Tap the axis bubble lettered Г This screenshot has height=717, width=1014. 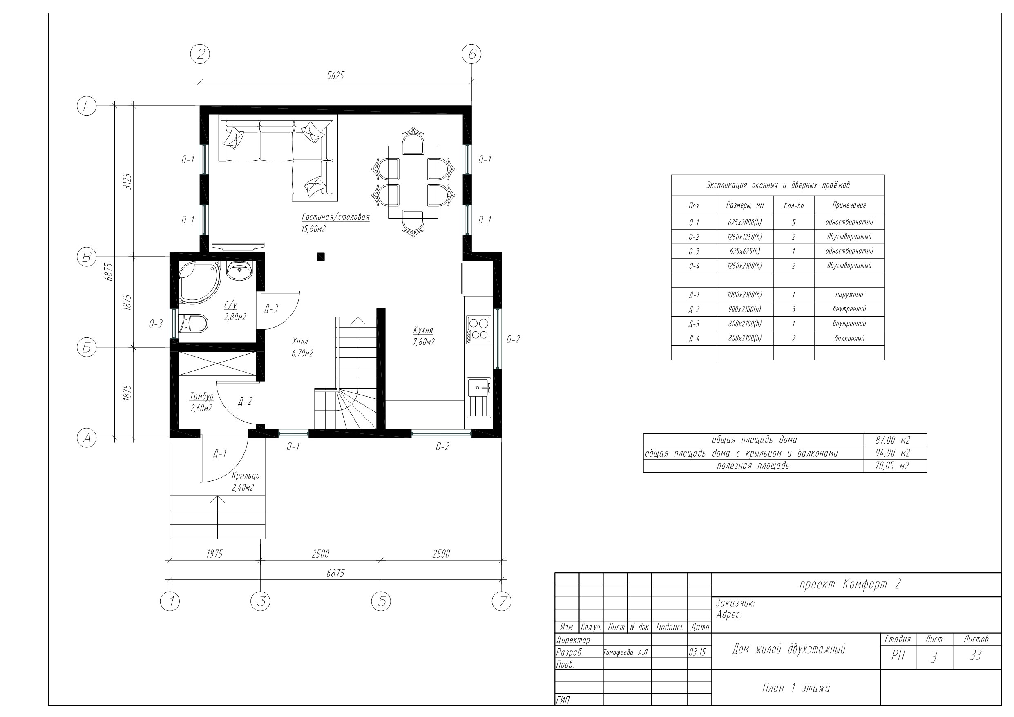tap(87, 106)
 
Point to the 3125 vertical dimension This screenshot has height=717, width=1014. tap(127, 181)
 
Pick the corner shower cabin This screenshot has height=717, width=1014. tap(198, 282)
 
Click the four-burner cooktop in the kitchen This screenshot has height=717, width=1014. tap(479, 330)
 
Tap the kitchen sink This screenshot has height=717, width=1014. tap(479, 398)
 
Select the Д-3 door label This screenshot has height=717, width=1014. tap(271, 309)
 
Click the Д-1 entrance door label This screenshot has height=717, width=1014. tap(219, 453)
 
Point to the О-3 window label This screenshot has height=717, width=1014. tap(156, 324)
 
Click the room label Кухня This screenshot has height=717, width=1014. tap(423, 330)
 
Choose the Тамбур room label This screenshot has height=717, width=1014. tap(201, 396)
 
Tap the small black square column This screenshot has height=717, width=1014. tap(321, 256)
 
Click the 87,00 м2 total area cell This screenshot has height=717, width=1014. tap(893, 440)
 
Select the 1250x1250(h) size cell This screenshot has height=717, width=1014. tap(745, 237)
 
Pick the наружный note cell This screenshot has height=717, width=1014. tap(849, 295)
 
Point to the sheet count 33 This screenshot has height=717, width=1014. tap(976, 656)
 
